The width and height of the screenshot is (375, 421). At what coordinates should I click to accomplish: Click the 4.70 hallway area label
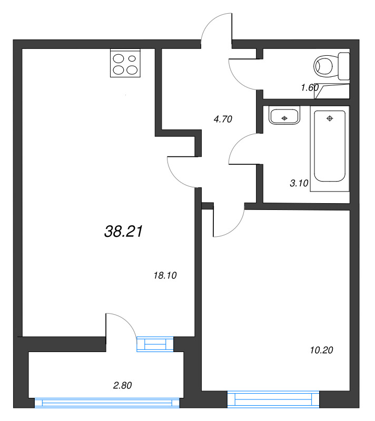point(222,119)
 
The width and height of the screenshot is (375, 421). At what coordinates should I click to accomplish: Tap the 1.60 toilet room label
point(310,87)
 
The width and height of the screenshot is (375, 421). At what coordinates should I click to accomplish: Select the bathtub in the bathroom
point(329,146)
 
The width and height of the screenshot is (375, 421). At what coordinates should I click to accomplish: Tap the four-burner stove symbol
point(125,63)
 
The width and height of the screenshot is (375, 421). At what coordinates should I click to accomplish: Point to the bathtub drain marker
point(330,118)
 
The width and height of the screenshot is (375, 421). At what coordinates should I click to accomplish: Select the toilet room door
point(242,74)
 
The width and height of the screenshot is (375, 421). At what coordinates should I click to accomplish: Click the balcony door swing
point(121,324)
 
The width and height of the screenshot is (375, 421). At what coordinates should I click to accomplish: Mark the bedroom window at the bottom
point(273,399)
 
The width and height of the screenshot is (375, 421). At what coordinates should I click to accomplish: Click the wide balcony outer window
point(107,403)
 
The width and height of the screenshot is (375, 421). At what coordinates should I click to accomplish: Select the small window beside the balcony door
point(155,344)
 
